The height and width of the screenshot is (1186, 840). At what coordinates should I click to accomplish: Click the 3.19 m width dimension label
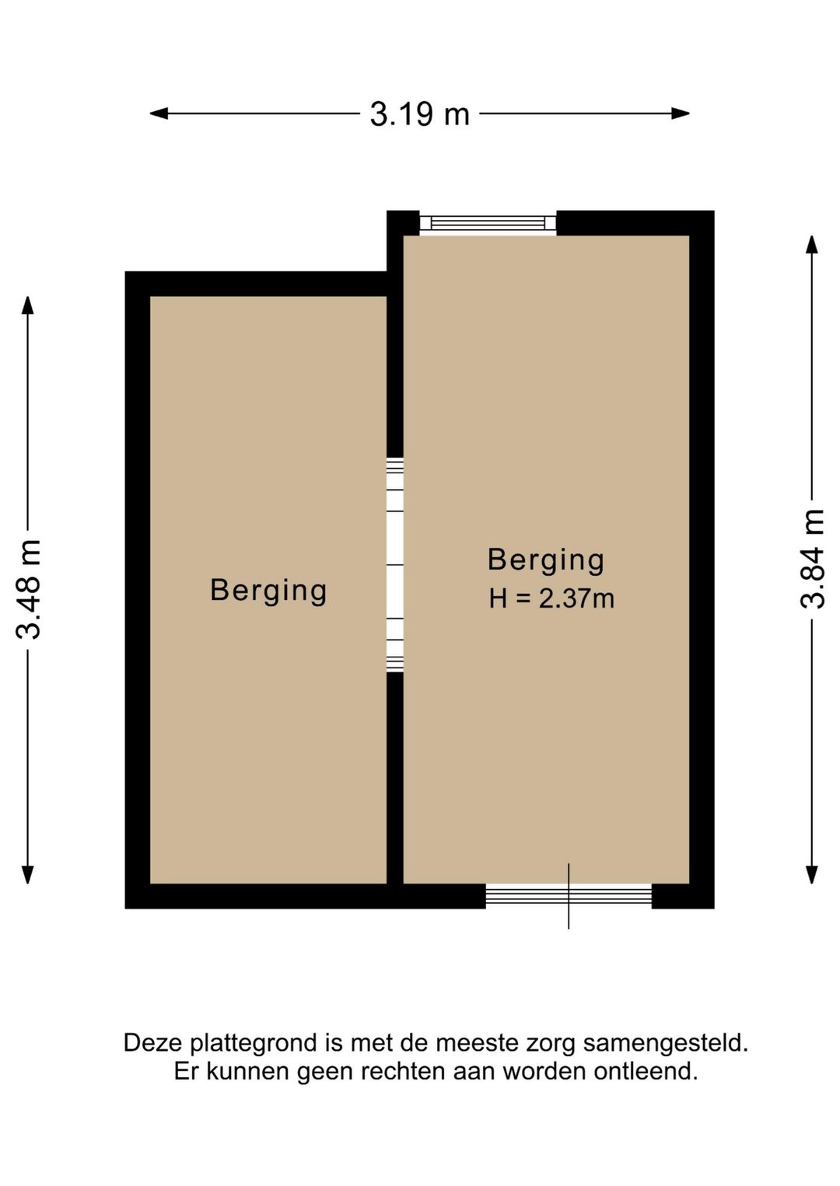click(x=420, y=113)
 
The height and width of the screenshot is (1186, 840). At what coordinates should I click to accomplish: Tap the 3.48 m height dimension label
click(x=28, y=589)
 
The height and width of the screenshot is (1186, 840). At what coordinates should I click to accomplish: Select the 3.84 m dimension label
click(x=813, y=559)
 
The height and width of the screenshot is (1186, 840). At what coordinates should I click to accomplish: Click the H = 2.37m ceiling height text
click(x=551, y=599)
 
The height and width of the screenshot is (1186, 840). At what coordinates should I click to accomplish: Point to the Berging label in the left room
click(x=268, y=591)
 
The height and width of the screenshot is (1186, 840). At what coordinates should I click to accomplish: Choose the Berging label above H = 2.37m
click(x=546, y=560)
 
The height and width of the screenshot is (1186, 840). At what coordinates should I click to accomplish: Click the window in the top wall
click(x=488, y=223)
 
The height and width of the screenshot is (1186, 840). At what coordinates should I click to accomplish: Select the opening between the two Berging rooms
click(x=395, y=565)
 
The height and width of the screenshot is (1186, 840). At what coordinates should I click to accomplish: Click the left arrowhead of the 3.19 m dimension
click(x=159, y=113)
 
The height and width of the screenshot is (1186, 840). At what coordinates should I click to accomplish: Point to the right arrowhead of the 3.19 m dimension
click(x=681, y=113)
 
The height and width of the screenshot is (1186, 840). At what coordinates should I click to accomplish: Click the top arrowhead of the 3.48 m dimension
click(x=27, y=305)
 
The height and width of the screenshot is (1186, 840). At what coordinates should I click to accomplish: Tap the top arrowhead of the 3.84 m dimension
click(x=812, y=245)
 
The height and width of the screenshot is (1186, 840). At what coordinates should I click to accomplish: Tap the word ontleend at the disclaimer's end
click(x=646, y=1073)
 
